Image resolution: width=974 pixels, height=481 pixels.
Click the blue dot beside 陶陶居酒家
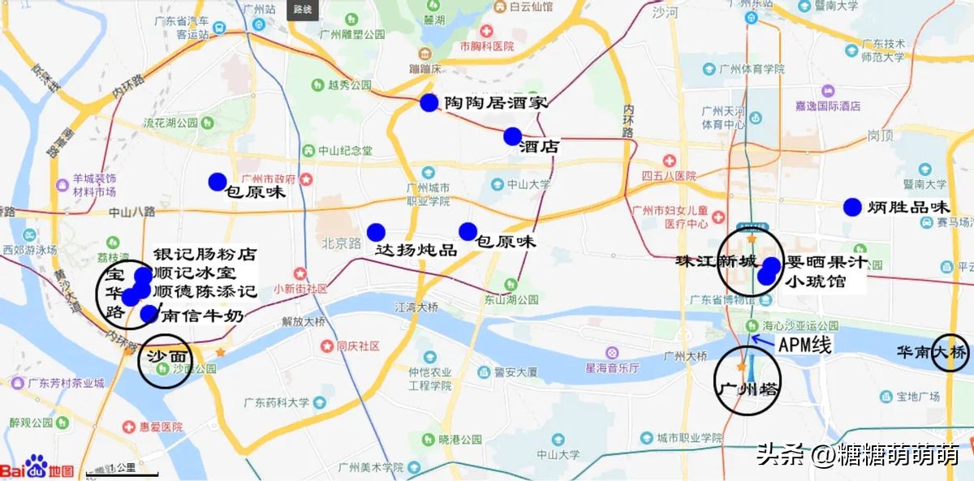pyautogui.click(x=429, y=103)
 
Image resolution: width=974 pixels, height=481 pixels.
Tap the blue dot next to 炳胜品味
pyautogui.click(x=851, y=207)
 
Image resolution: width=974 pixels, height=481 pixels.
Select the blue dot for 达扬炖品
pyautogui.click(x=376, y=233)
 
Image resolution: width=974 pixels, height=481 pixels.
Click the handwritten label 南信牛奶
pyautogui.click(x=202, y=316)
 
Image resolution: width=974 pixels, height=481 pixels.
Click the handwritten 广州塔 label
pyautogui.click(x=746, y=389)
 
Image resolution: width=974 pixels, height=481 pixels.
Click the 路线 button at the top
pyautogui.click(x=302, y=9)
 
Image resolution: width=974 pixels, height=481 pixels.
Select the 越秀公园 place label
pyautogui.click(x=350, y=84)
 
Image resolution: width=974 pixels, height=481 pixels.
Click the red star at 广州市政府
pyautogui.click(x=306, y=178)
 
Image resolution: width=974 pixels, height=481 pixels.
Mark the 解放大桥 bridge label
pyautogui.click(x=303, y=321)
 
